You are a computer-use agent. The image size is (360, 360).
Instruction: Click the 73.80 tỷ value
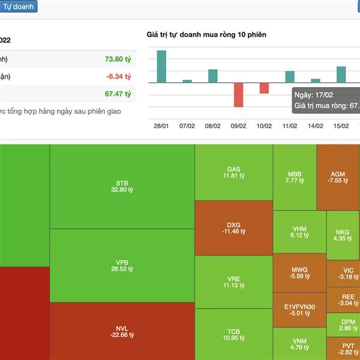coord(118,59)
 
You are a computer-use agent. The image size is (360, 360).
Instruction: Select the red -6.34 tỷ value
coord(118,76)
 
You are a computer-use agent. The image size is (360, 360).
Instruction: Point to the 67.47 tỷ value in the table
coord(118,94)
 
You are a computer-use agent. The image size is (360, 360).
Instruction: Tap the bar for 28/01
coord(161,67)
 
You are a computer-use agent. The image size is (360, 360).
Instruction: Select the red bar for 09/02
coord(239,95)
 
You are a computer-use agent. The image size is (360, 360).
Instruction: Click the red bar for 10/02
coord(264,88)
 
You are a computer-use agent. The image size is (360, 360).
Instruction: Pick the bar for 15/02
coord(341,74)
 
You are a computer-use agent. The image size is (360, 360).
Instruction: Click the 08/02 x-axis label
coord(213,126)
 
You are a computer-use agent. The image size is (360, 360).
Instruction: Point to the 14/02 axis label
coord(316,126)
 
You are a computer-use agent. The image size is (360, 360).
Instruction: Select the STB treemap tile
coord(122,187)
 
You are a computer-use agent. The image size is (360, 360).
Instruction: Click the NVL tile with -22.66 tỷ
coord(122,331)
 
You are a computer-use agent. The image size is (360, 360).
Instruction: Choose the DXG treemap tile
coord(233,227)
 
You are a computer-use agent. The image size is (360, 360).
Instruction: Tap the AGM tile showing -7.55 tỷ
coord(338,177)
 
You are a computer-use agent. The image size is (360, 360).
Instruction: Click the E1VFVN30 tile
coord(299,310)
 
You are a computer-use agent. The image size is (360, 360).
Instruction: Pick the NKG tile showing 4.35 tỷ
coord(343,235)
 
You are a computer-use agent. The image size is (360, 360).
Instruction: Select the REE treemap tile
coord(348,300)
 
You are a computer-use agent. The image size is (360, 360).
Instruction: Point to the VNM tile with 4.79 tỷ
coord(299,344)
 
